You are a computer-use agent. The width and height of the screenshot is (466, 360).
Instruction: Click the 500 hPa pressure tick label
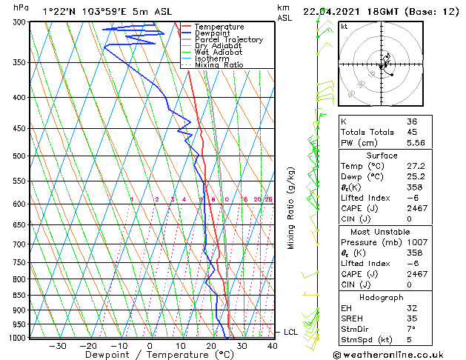pos(21,156)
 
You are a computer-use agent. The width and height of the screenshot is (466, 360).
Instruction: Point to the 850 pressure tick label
pos(21,295)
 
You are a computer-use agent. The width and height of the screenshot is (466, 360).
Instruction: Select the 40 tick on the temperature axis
pos(272,346)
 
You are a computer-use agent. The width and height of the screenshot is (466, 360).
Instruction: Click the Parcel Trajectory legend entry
pos(229,39)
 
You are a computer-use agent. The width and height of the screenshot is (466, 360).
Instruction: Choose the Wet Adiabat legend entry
pos(219,52)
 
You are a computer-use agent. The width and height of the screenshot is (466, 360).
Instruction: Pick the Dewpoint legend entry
pos(214,33)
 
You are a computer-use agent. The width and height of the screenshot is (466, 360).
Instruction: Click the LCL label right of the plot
pos(290,333)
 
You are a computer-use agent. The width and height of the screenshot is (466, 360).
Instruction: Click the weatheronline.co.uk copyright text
pos(393,355)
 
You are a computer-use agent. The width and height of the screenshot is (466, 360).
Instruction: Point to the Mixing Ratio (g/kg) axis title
pos(292,207)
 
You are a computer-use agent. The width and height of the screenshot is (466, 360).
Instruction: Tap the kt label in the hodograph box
pos(344,27)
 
